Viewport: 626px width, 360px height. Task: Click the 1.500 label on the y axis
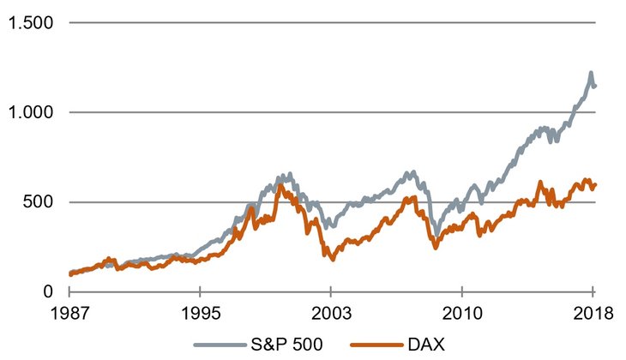31,23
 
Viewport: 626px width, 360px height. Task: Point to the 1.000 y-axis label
31,112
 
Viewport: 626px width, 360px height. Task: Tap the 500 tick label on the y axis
38,202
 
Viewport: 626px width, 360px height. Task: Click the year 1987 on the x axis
70,312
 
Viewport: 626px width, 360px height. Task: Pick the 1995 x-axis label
200,312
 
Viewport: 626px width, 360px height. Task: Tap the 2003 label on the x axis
332,312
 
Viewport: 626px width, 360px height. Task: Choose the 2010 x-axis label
461,312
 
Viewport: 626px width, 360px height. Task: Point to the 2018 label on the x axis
593,312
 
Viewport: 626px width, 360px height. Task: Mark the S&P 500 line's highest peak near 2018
591,74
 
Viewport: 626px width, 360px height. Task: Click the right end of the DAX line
595,183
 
